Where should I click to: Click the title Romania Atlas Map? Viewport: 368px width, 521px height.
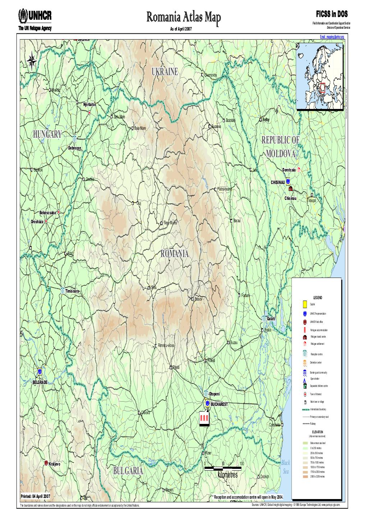[184, 17]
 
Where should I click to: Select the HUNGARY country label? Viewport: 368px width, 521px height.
[47, 134]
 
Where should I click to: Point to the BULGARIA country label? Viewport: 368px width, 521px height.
[128, 471]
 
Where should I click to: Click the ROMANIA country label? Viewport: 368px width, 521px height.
[175, 253]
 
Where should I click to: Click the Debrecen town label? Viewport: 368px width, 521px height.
[75, 148]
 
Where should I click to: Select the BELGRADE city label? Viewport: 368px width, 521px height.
[40, 382]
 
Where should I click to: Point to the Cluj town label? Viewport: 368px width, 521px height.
[138, 203]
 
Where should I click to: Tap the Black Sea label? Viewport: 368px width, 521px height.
[285, 467]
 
